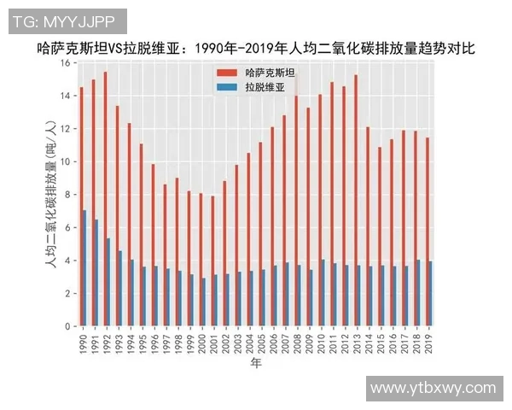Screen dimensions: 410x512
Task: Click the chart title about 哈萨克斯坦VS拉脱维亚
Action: tap(256, 49)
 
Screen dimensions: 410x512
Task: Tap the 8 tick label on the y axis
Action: tap(67, 195)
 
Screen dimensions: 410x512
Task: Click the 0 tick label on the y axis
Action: tap(67, 326)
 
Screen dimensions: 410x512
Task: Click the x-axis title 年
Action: tap(256, 363)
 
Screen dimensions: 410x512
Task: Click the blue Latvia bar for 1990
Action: tap(84, 268)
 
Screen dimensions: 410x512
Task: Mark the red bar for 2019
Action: tap(427, 231)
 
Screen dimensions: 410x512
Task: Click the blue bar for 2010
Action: tap(323, 293)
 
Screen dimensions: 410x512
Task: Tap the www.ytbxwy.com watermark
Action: tap(433, 388)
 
